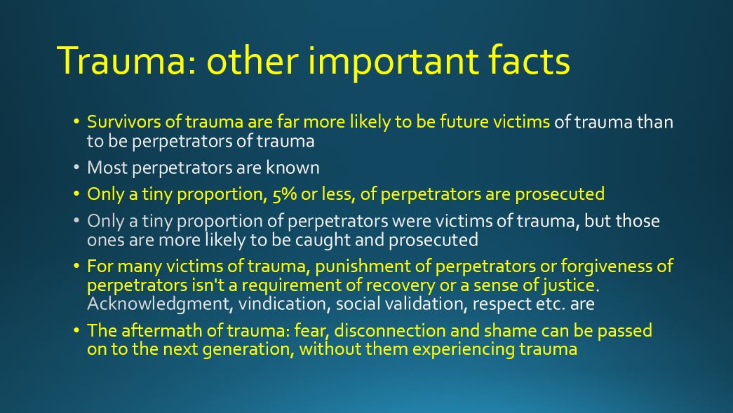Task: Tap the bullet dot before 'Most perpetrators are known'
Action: (x=77, y=168)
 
